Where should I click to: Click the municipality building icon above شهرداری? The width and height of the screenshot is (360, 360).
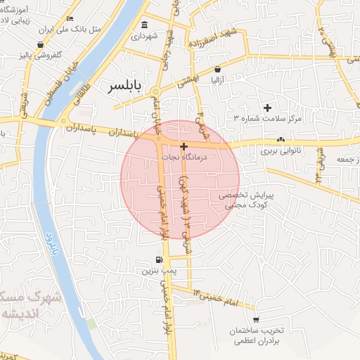(x=145, y=24)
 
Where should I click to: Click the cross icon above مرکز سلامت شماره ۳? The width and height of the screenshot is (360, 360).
(x=267, y=108)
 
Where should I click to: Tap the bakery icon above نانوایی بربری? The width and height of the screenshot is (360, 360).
(x=281, y=139)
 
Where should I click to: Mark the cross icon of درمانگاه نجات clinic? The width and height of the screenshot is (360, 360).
(x=184, y=147)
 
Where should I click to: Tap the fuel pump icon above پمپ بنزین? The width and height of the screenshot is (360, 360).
(x=159, y=259)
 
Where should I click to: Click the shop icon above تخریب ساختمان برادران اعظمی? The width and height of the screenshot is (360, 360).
(x=255, y=319)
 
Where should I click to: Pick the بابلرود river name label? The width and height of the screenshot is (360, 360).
(x=50, y=243)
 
